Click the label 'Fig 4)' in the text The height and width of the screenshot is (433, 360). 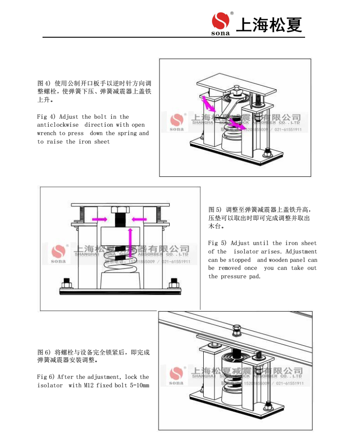pos(46,117)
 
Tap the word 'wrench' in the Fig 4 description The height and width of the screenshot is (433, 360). pos(46,133)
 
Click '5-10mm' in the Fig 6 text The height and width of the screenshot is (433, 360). pos(139,386)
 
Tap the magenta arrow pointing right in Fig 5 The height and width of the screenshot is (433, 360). pos(100,218)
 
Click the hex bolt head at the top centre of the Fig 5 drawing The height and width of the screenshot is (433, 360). pos(119,210)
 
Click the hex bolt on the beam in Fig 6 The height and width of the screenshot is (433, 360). pos(236,329)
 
